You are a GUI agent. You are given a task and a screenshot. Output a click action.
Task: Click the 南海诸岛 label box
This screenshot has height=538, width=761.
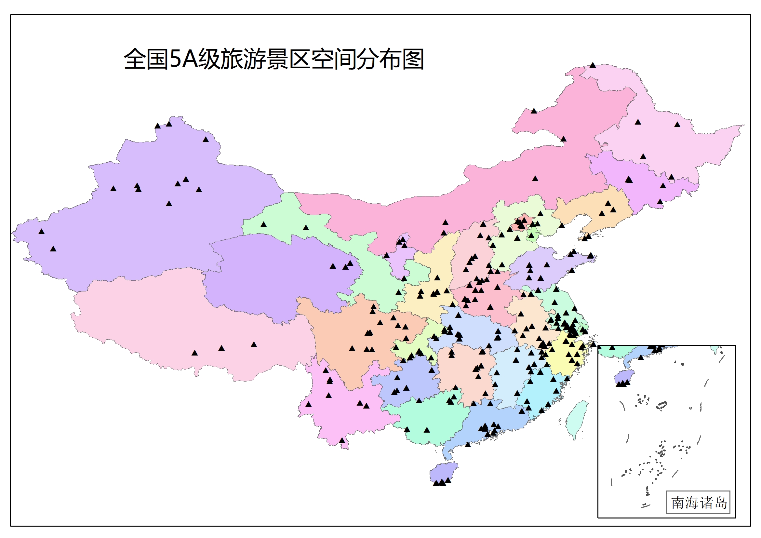[698, 503]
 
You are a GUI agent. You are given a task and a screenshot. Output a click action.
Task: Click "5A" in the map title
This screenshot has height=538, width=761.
[183, 59]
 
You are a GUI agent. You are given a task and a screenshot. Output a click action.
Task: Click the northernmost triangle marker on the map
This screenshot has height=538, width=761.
[593, 65]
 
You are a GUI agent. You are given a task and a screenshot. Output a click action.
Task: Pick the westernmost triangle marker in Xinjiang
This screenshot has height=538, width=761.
[41, 232]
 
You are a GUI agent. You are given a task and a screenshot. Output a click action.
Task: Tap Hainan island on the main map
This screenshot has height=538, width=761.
[443, 472]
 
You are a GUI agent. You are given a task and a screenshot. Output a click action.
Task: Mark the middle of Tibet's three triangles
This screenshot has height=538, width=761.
[221, 348]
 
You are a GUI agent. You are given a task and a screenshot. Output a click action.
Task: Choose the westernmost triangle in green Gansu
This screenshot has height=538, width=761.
[263, 225]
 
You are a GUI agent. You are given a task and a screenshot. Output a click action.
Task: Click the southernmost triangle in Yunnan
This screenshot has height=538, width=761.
[342, 440]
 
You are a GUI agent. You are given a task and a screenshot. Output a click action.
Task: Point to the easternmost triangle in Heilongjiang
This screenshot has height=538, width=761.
[677, 125]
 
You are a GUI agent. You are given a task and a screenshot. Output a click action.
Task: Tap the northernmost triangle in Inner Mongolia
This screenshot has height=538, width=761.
[534, 111]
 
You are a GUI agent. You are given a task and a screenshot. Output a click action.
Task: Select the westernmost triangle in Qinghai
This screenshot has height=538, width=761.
[333, 266]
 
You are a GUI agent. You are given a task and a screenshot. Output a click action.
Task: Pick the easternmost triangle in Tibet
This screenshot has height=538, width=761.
[254, 345]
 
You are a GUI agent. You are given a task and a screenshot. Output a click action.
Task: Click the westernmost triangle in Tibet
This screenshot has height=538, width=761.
[194, 353]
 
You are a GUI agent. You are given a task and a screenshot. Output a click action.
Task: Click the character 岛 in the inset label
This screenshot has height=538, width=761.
[721, 503]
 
